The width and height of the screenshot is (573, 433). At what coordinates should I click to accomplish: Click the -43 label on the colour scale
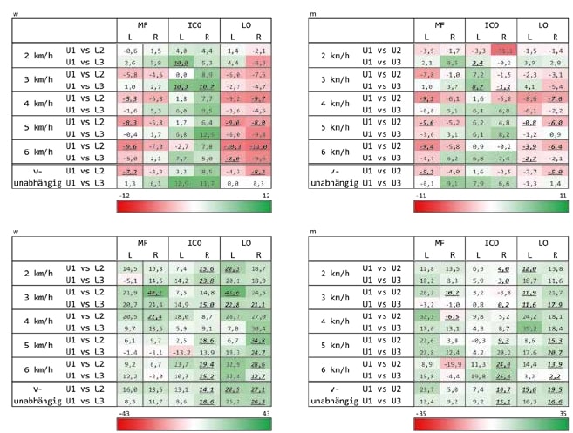[x=122, y=408]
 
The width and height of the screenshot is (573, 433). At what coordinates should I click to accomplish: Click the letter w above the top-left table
[x=13, y=13]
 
